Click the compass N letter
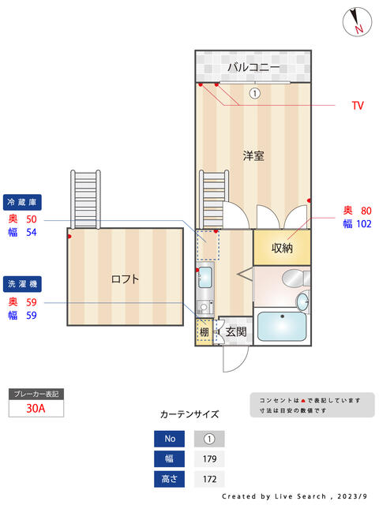pos(359,29)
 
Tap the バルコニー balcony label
pos(253,67)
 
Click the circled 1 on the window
pos(254,93)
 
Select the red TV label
pos(358,106)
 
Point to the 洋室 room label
pos(253,155)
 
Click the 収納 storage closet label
pos(282,248)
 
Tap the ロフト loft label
pos(125,279)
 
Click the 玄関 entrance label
pos(236,331)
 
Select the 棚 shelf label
pos(204,332)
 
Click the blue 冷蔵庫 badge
pos(22,202)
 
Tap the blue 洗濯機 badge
pos(22,284)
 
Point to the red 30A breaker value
pos(36,409)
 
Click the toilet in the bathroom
pos(295,279)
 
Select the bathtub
pos(282,326)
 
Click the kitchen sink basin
pos(205,277)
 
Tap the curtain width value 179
pos(209,459)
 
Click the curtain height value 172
pos(209,479)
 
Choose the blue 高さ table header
pos(169,479)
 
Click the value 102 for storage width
pos(364,224)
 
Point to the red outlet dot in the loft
pos(69,237)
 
